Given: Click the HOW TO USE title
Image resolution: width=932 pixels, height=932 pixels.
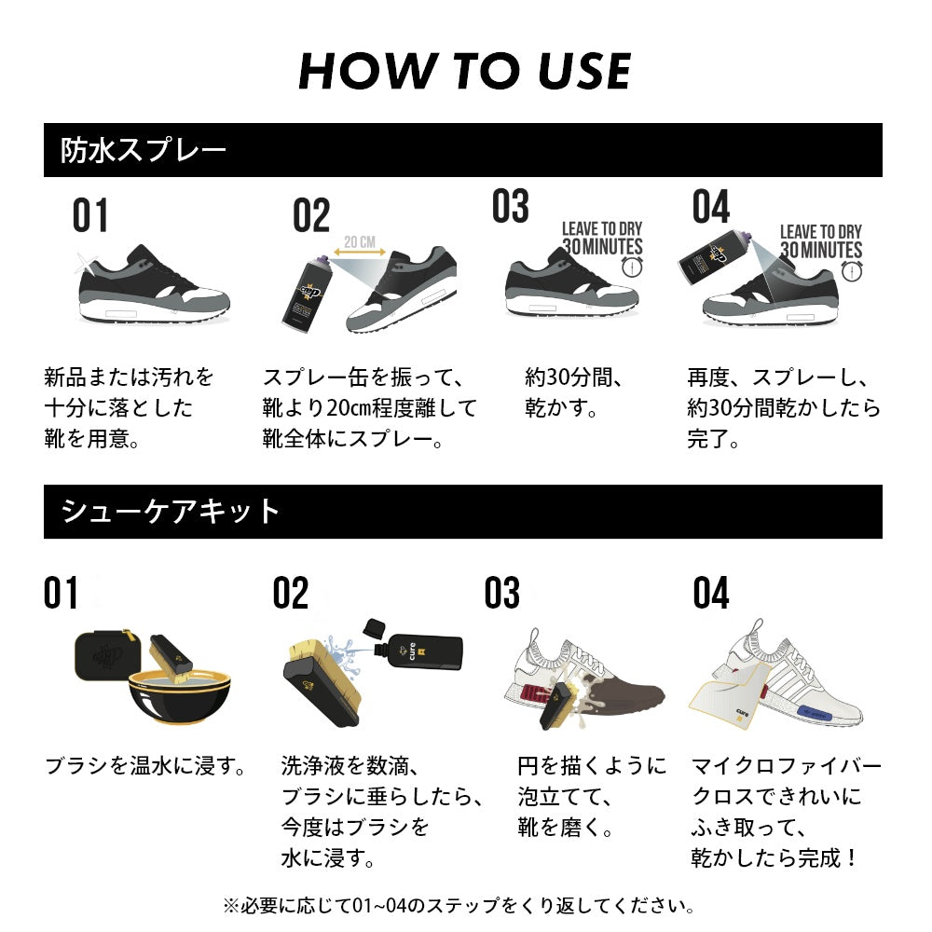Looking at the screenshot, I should click(465, 71).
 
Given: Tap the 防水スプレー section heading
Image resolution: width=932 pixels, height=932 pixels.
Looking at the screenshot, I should click(144, 151).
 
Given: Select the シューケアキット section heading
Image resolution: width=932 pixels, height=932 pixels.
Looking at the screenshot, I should click(171, 512).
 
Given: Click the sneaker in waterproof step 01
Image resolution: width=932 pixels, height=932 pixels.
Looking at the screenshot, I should click(153, 283).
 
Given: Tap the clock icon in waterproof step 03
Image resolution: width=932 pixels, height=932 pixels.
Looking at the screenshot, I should click(633, 267).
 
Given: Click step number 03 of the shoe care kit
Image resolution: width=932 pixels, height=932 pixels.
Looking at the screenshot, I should click(501, 594).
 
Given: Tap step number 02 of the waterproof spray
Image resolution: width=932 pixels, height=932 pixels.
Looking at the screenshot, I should click(311, 216).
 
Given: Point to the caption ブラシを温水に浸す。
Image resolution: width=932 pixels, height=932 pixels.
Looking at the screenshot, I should click(147, 767).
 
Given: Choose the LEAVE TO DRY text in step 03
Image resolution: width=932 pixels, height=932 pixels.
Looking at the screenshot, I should click(601, 229).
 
